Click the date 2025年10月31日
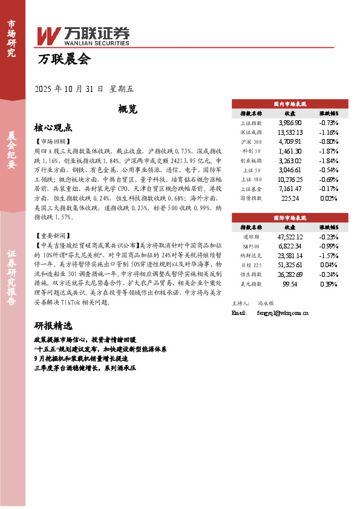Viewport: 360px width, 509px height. tap(69, 89)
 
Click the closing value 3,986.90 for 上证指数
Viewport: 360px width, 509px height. tap(290, 123)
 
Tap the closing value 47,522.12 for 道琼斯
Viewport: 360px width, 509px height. tap(290, 236)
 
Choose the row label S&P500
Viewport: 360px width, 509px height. tap(251, 245)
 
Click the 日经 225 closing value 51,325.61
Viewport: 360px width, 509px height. tap(290, 265)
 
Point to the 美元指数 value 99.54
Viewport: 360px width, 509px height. tap(290, 284)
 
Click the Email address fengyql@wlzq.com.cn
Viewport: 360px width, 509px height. tap(279, 313)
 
